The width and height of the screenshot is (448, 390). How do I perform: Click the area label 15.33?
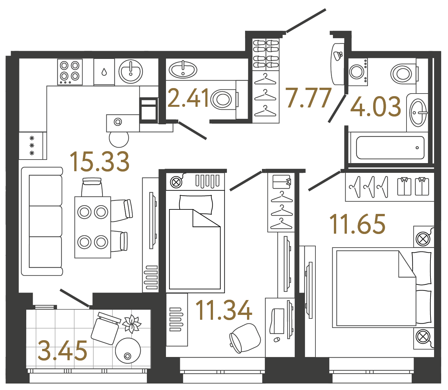pyautogui.click(x=100, y=162)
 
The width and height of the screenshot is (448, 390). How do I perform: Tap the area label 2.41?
pyautogui.click(x=188, y=98)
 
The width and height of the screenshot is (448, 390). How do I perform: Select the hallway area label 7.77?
pyautogui.click(x=309, y=98)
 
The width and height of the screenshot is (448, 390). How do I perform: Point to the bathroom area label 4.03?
pyautogui.click(x=376, y=107)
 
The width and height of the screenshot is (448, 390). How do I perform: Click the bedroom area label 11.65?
pyautogui.click(x=358, y=224)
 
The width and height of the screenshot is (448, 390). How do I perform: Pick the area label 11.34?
pyautogui.click(x=224, y=310)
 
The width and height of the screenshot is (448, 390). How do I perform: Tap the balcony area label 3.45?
pyautogui.click(x=63, y=351)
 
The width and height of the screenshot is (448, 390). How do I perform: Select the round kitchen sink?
pyautogui.click(x=131, y=72)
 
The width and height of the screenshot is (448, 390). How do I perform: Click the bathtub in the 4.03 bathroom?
pyautogui.click(x=390, y=148)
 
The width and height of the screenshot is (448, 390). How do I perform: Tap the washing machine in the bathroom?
pyautogui.click(x=358, y=72)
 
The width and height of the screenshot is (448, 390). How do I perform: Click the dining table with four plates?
pyautogui.click(x=93, y=227)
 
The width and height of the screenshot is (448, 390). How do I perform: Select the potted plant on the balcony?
pyautogui.click(x=132, y=324)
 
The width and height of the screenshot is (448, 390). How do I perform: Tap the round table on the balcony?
pyautogui.click(x=128, y=351)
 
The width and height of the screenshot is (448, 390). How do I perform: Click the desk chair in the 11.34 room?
pyautogui.click(x=245, y=338)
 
